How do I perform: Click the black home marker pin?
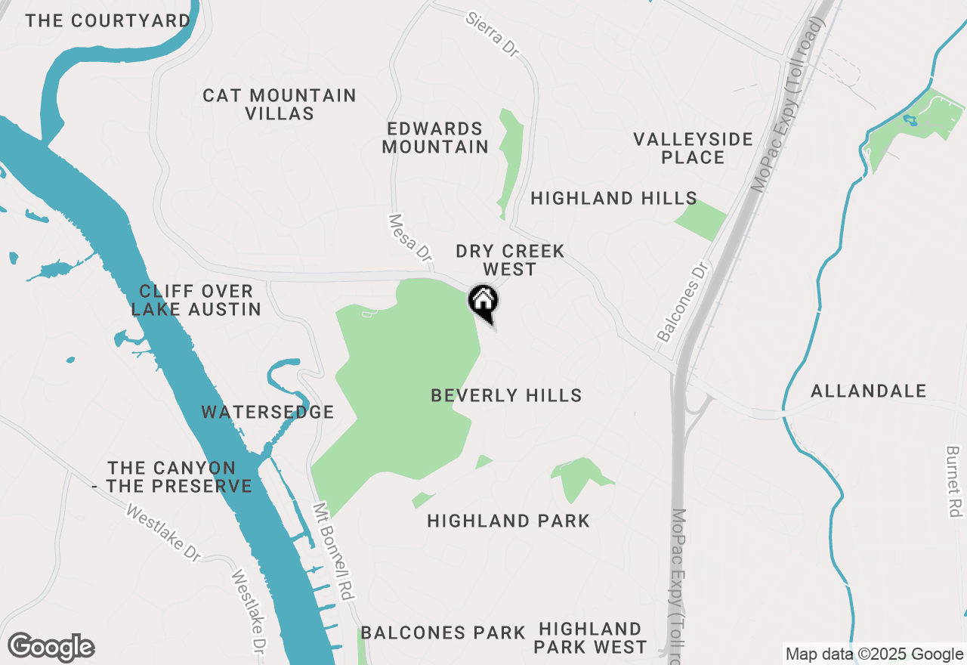pyautogui.click(x=483, y=302)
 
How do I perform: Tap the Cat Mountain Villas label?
pyautogui.click(x=280, y=105)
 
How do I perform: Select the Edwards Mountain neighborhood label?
pyautogui.click(x=435, y=138)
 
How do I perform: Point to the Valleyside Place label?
pyautogui.click(x=693, y=148)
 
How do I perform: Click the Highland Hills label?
pyautogui.click(x=613, y=199)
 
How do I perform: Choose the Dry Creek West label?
pyautogui.click(x=510, y=260)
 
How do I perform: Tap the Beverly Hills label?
pyautogui.click(x=506, y=395)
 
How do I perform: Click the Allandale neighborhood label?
pyautogui.click(x=868, y=391)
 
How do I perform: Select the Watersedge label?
pyautogui.click(x=267, y=412)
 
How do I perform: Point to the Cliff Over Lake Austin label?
pyautogui.click(x=196, y=300)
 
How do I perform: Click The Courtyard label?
pyautogui.click(x=107, y=20)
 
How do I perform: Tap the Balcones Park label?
pyautogui.click(x=443, y=633)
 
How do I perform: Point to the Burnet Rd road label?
pyautogui.click(x=953, y=482)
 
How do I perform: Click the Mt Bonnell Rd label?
pyautogui.click(x=334, y=552)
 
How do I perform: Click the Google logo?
pyautogui.click(x=51, y=648)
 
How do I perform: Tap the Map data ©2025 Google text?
pyautogui.click(x=874, y=654)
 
